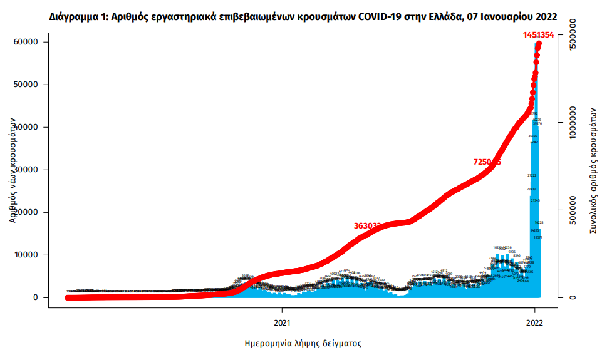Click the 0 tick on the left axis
click(x=36, y=297)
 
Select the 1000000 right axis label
click(x=573, y=127)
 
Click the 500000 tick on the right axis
click(x=573, y=212)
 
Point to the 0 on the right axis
click(x=573, y=297)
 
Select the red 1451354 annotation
click(x=538, y=35)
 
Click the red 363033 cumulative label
click(x=368, y=225)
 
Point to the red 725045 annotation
click(x=487, y=162)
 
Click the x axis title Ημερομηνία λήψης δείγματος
click(x=303, y=344)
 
